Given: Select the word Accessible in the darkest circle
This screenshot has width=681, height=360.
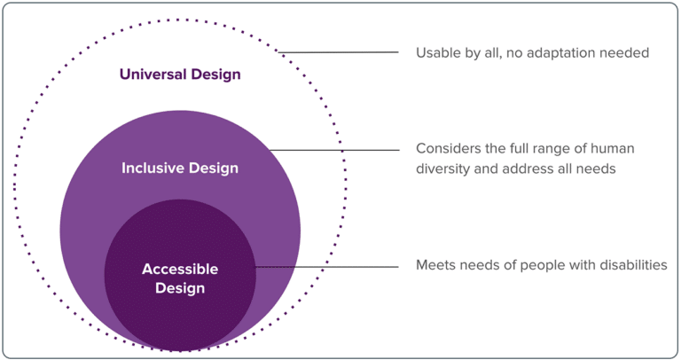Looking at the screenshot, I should coord(180,270).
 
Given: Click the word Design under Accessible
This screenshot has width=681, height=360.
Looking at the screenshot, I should coord(180,288).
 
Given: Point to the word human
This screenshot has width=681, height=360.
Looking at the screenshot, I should coord(614,149).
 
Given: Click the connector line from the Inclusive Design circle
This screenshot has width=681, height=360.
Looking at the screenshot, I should coord(337,150).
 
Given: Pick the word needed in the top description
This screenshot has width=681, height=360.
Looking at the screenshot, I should coord(626,53).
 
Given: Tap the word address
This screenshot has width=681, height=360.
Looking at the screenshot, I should coord(522,168).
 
